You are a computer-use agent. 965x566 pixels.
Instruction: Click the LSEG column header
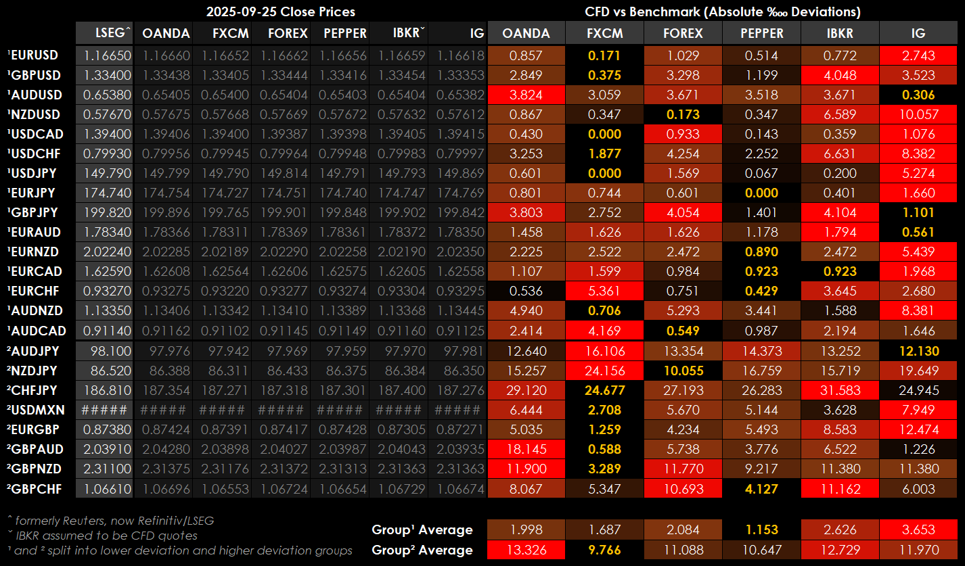click(104, 33)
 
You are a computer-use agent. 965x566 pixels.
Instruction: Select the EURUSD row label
click(34, 55)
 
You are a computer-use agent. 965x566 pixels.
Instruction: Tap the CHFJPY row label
click(34, 390)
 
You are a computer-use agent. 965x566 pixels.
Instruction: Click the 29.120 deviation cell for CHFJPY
click(526, 390)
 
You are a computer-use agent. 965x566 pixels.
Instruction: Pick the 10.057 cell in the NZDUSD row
click(918, 114)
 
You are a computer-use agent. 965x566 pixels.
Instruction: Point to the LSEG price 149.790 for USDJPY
click(104, 173)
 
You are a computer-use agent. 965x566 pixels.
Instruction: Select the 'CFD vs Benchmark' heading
click(723, 11)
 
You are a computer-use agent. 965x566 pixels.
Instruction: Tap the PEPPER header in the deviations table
click(761, 33)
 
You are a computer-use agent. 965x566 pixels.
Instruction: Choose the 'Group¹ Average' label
click(422, 529)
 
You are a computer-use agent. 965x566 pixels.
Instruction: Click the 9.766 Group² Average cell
click(605, 550)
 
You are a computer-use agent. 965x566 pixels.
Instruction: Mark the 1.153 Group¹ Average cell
click(761, 529)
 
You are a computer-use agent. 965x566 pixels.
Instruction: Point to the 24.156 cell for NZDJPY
click(605, 371)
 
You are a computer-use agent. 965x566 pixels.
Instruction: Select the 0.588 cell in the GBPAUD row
click(605, 449)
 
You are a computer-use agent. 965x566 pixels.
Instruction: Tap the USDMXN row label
click(34, 410)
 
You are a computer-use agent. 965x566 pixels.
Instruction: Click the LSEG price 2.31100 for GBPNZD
click(104, 469)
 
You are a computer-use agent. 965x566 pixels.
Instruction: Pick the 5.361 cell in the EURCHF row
click(605, 291)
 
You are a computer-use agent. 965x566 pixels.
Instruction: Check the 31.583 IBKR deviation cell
click(840, 390)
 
